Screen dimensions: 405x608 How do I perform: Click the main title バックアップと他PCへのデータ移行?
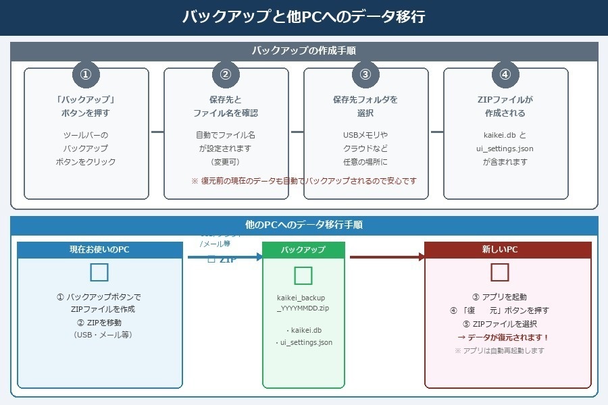click(x=304, y=17)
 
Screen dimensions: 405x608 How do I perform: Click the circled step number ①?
click(x=86, y=74)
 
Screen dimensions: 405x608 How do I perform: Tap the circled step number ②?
click(x=226, y=74)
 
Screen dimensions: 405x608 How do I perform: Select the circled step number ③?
click(x=365, y=74)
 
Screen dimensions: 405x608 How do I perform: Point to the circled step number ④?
click(x=505, y=74)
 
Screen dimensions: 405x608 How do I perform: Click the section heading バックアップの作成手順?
click(x=304, y=51)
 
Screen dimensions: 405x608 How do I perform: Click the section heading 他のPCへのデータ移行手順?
click(x=304, y=225)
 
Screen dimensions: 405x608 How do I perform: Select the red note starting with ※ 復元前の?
click(x=304, y=181)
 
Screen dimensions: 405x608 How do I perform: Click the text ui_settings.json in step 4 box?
click(x=505, y=148)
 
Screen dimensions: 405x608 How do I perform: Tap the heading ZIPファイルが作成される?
click(x=505, y=106)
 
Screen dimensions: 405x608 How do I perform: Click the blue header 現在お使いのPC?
click(x=99, y=250)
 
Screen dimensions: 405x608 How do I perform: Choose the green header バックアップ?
click(x=303, y=250)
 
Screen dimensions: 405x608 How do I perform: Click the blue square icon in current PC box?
click(x=99, y=272)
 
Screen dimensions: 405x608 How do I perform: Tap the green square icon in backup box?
click(x=303, y=275)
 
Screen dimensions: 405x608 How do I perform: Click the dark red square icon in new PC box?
click(x=500, y=272)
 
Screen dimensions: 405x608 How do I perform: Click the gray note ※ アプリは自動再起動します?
click(x=499, y=351)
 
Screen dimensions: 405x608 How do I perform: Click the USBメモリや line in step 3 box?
click(x=365, y=135)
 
